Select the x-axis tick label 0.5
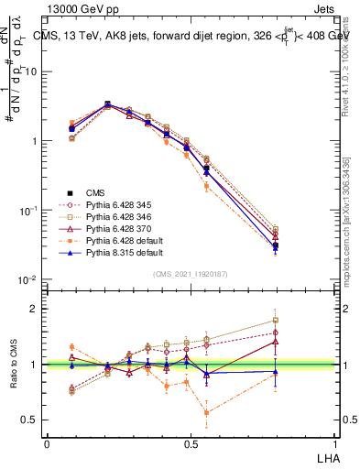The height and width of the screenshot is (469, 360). pos(191,442)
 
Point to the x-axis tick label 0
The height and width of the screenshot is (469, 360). pos(47,442)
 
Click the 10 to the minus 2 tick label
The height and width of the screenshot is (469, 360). pos(27,280)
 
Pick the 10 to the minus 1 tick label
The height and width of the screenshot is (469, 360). pos(27,211)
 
